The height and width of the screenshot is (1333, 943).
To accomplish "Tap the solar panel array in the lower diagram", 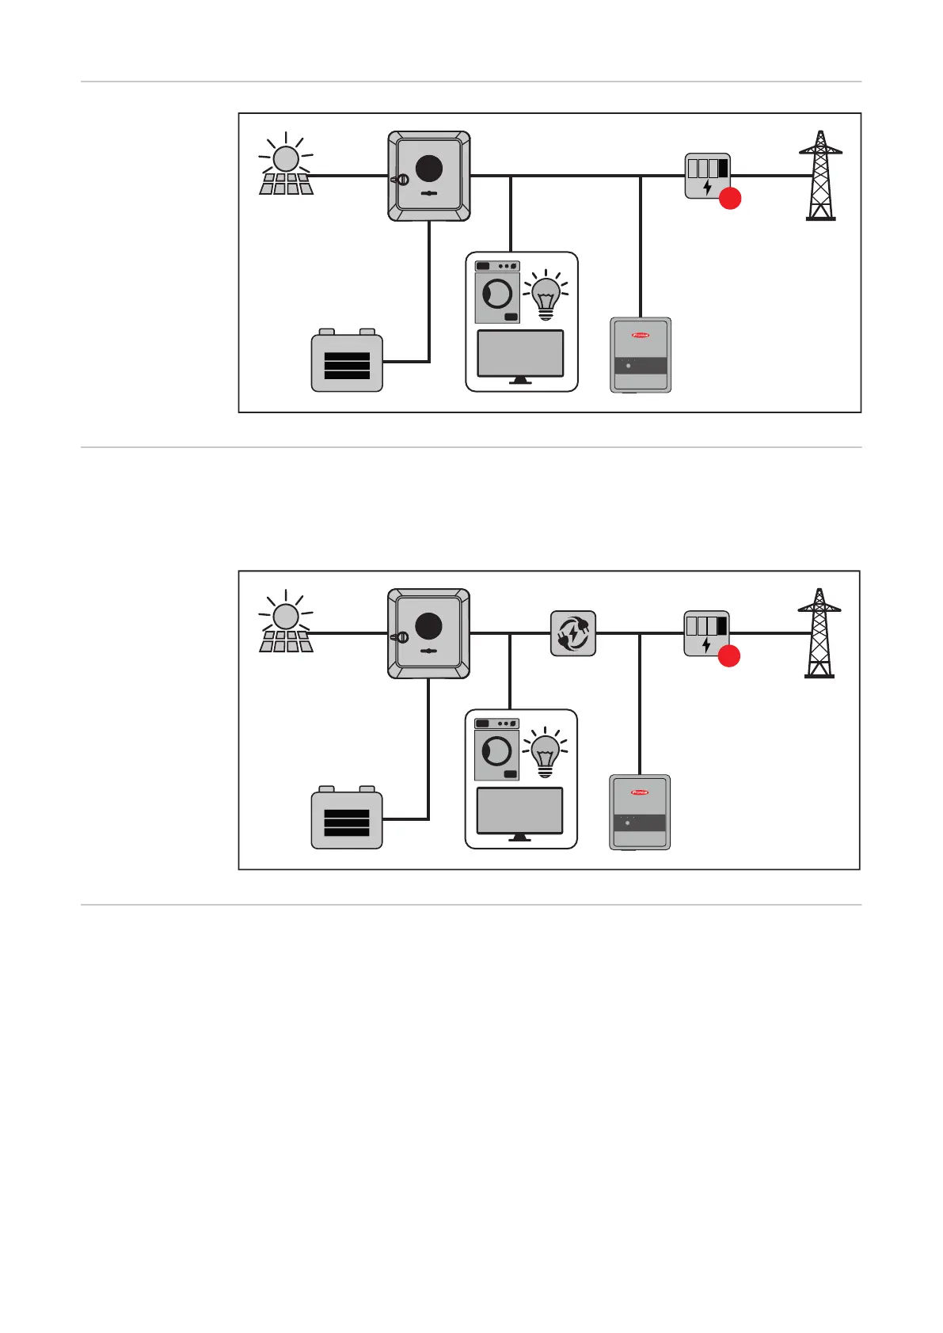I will tap(286, 640).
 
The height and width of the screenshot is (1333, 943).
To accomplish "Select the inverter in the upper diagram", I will tap(429, 176).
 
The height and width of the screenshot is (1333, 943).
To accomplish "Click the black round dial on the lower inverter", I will tap(428, 626).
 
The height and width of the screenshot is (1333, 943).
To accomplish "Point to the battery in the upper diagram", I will tap(347, 362).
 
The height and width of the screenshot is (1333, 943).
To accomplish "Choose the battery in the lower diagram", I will tap(347, 819).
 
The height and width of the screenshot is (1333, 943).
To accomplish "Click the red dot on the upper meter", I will tap(729, 199).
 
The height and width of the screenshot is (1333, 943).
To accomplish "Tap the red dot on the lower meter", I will tap(728, 656).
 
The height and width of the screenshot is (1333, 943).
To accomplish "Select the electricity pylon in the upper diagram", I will tap(820, 176).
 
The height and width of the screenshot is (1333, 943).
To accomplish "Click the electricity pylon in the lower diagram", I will tap(819, 633).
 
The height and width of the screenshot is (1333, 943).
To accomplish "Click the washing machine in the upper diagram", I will tap(497, 293).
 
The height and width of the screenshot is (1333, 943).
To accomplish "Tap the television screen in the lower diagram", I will tap(519, 811).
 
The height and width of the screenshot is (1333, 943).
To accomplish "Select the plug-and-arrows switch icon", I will tap(573, 633).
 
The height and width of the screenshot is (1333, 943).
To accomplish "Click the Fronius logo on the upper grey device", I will tap(641, 335).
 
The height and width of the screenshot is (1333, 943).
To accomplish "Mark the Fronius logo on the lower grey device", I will tap(640, 792).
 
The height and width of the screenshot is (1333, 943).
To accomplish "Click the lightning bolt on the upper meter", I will tap(707, 188).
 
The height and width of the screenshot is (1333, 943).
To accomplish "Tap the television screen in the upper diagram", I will tap(520, 354).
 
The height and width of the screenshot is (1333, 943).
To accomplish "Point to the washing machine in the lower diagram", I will tap(496, 750).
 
